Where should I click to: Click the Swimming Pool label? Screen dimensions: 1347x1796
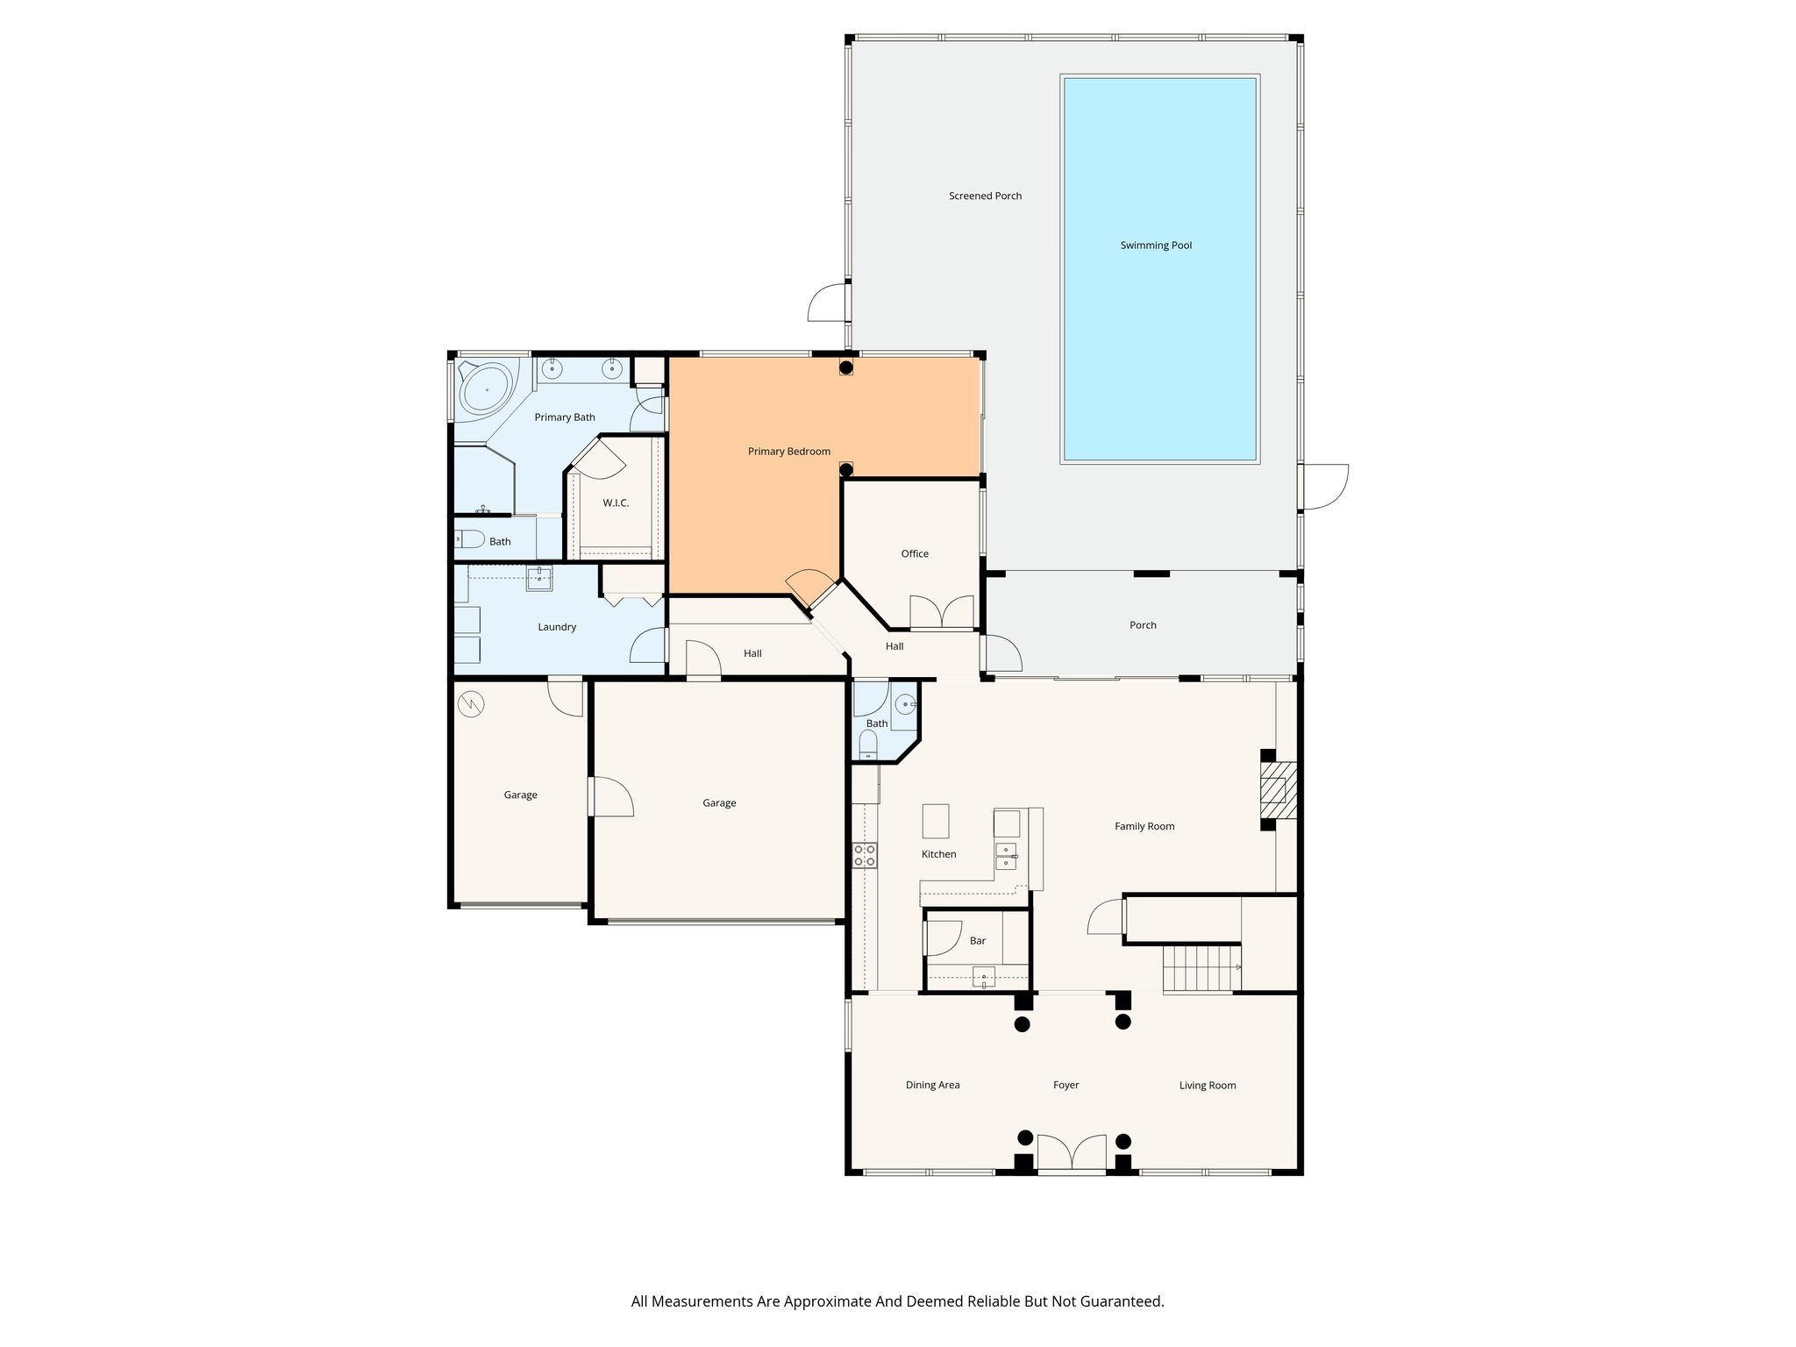1156,246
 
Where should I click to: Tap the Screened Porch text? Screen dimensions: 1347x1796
985,196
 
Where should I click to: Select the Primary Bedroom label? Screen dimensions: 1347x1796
788,452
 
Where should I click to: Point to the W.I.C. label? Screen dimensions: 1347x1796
616,503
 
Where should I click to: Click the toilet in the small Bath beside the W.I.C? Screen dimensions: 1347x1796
471,540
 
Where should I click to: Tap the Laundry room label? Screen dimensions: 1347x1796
557,627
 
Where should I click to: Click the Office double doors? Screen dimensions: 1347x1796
942,612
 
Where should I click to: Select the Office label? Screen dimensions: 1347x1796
915,554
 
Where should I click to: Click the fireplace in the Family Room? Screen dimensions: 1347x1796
1277,789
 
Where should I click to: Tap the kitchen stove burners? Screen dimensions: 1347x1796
865,855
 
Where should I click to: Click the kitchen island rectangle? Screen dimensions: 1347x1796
935,822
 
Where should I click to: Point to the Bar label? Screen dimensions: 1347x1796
978,941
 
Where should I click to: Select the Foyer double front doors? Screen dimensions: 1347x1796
1072,1153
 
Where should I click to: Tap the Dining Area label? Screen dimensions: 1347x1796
932,1086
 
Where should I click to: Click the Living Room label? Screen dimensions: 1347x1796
1207,1086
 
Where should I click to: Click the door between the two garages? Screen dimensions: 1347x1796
611,796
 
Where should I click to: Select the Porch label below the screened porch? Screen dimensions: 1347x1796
1143,625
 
